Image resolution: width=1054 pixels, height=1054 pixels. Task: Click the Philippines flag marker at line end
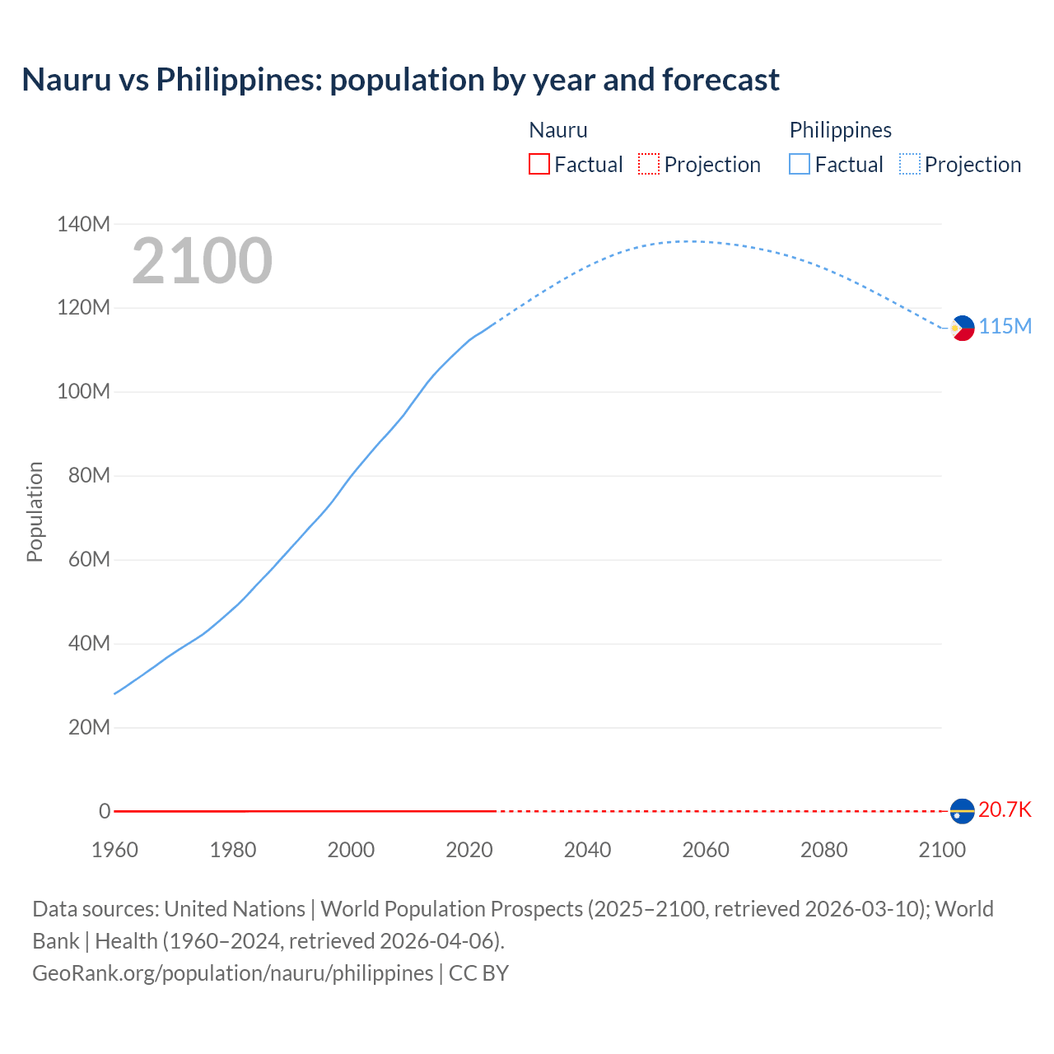coord(962,328)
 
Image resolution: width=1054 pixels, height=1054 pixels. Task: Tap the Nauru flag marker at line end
coord(962,811)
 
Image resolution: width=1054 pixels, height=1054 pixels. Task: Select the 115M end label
coord(1005,327)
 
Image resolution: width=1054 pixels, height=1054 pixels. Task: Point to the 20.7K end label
coord(1005,810)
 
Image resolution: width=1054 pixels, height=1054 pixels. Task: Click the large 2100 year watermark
coord(202,261)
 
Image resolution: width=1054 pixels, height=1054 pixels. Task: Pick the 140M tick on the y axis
coord(83,224)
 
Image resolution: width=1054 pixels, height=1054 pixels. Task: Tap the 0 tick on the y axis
coord(105,811)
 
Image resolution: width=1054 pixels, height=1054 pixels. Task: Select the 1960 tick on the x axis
coord(114,850)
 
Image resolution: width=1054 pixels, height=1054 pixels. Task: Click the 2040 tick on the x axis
coord(587,850)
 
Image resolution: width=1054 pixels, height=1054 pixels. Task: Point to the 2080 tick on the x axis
coord(823,850)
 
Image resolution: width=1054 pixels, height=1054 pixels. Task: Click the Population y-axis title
coord(35,512)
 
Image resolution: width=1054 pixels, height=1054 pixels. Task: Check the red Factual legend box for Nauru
coord(539,165)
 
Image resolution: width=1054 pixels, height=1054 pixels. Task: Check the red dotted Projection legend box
coord(649,165)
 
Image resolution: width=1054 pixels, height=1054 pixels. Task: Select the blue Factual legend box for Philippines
coord(800,165)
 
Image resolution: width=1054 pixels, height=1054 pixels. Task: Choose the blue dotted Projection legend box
coord(909,165)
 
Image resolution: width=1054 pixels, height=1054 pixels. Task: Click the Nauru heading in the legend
coord(557,130)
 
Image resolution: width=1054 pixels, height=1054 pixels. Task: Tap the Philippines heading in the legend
coord(840,130)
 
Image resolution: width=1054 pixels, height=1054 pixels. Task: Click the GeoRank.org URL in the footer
coord(232,973)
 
